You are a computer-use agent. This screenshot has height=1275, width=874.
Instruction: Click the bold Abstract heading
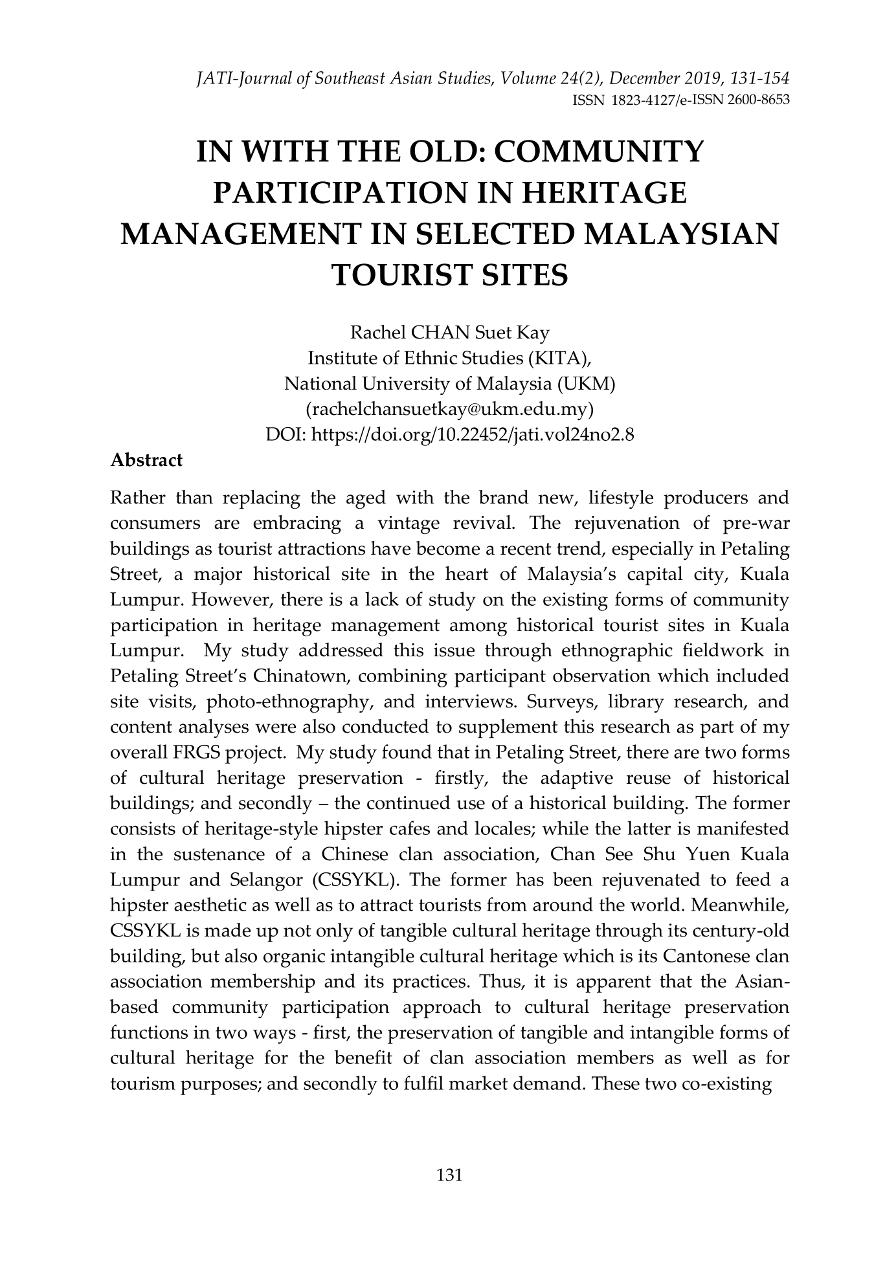pyautogui.click(x=147, y=460)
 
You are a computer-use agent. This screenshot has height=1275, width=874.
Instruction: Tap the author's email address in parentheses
pyautogui.click(x=449, y=410)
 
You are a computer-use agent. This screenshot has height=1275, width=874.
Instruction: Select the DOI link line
pyautogui.click(x=449, y=435)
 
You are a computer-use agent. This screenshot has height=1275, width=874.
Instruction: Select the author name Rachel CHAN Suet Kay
pyautogui.click(x=449, y=333)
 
